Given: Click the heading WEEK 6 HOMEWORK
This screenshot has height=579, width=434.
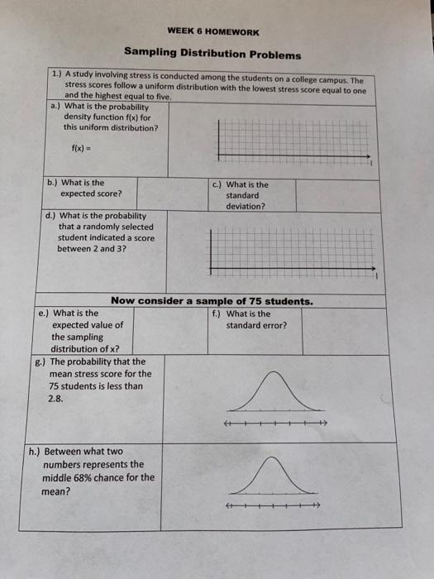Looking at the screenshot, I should point(212,32).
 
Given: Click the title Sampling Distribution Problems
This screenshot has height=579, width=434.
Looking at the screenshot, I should point(212,55).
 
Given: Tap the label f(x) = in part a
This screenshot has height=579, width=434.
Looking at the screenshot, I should point(83,148).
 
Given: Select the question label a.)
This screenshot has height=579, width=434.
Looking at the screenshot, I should point(55,107).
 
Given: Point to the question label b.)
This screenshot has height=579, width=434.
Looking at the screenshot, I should point(52,183).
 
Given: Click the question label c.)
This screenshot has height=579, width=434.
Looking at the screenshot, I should point(217,184).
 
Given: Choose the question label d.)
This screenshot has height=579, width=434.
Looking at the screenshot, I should point(50,216).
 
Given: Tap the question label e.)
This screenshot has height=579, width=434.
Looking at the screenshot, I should point(45,313).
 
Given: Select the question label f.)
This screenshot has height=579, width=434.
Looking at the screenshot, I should point(217,313).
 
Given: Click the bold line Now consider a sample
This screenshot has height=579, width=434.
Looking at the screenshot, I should point(212,301).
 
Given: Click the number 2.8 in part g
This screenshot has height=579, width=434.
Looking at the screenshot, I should point(56,398).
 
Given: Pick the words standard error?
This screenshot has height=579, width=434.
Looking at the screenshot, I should point(256,325).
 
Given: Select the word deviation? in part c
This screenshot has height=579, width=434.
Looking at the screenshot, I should point(246,206).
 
